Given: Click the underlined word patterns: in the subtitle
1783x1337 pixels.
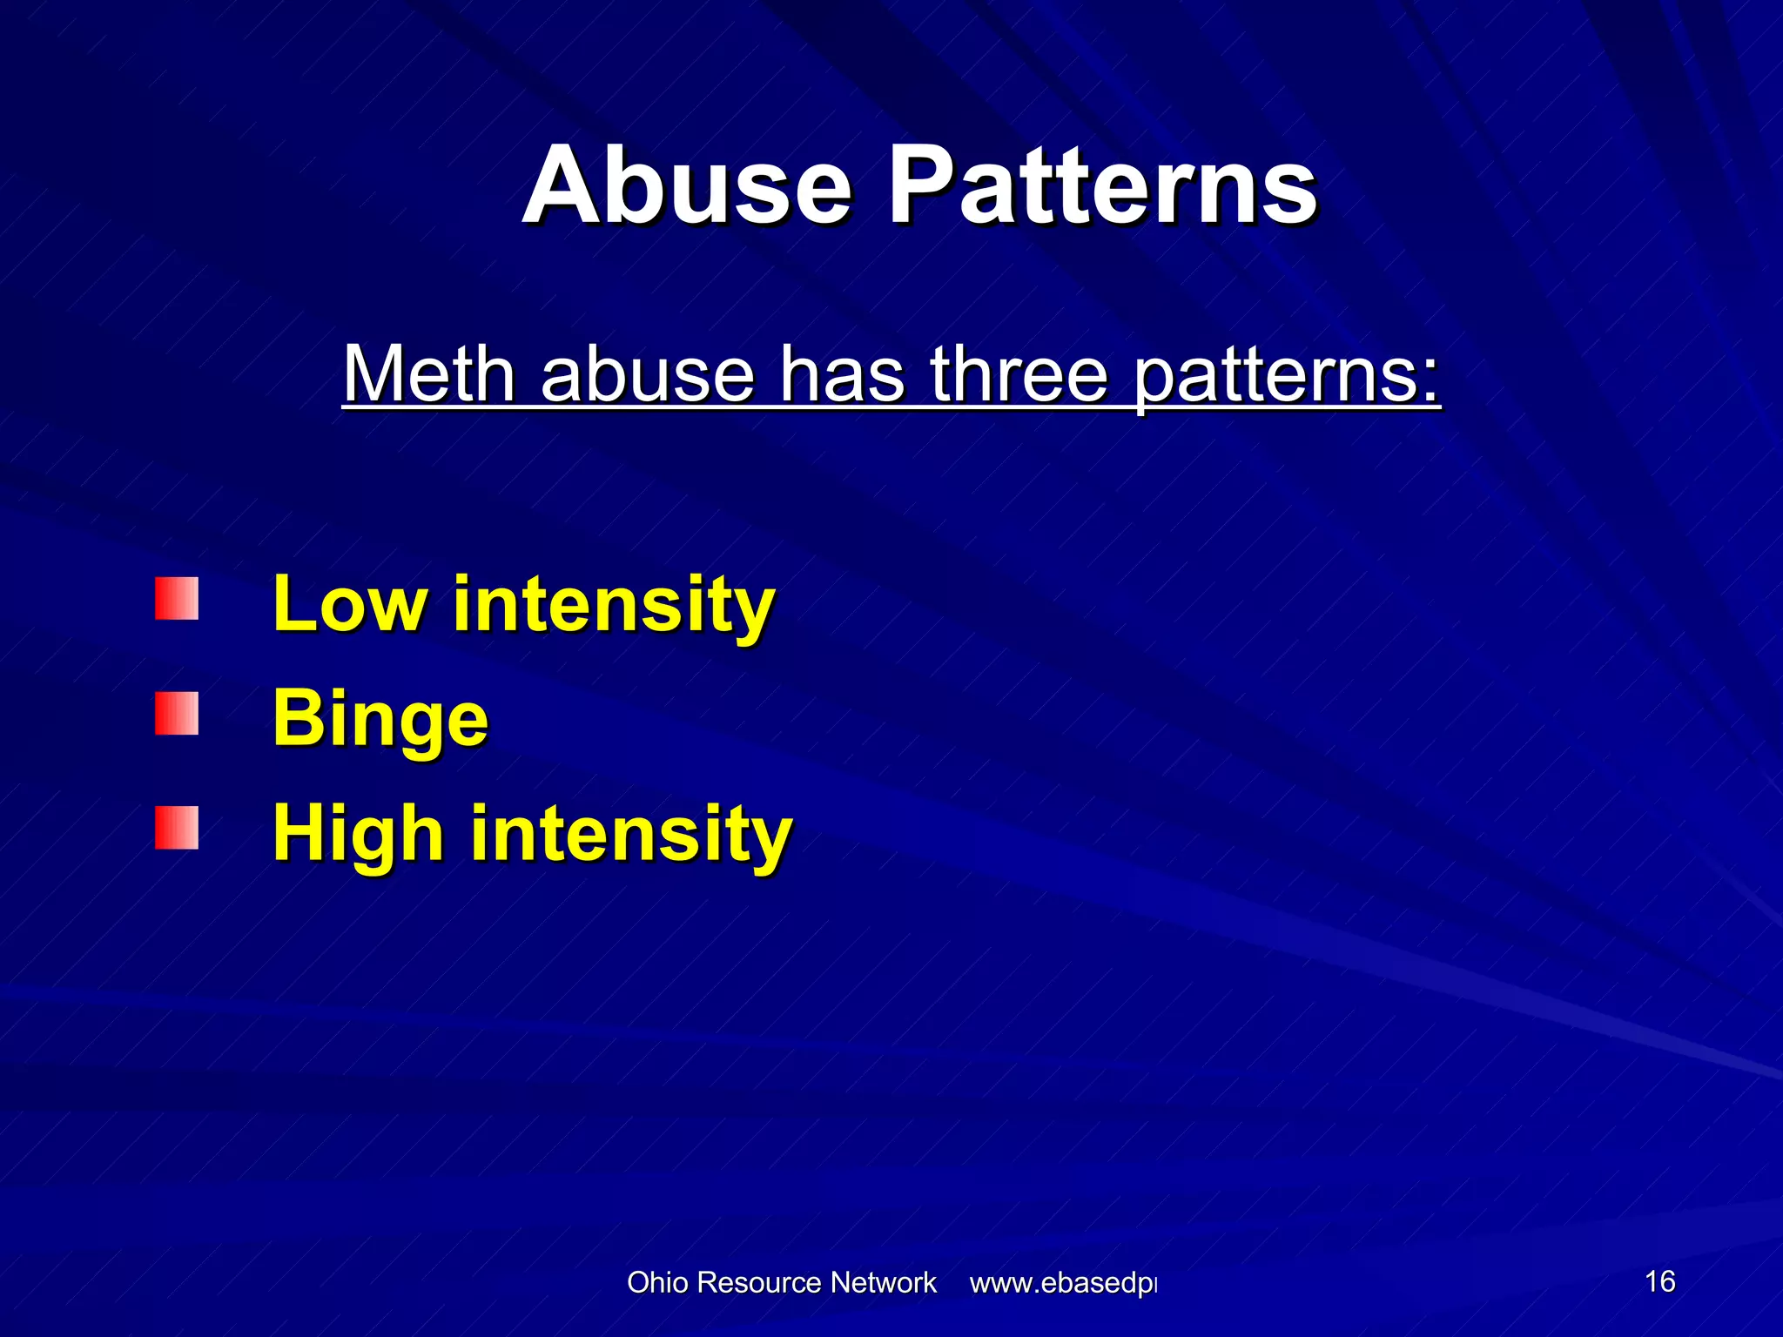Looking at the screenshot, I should (1288, 375).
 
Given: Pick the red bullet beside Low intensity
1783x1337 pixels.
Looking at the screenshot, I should (177, 599).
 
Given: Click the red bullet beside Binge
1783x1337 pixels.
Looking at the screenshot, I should (177, 714).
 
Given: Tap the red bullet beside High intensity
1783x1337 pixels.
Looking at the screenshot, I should (177, 828).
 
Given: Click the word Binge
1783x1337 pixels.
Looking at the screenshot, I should (380, 720).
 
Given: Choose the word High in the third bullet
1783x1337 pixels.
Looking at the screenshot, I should (358, 833).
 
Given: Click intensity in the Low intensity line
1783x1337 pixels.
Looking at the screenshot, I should (614, 605).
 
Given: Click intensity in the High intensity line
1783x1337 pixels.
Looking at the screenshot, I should (631, 834).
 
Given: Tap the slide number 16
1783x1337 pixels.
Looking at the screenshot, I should (1659, 1281).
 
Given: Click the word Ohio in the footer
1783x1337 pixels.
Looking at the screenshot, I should (657, 1283).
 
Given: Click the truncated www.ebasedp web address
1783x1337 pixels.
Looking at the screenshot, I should (1062, 1284).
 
